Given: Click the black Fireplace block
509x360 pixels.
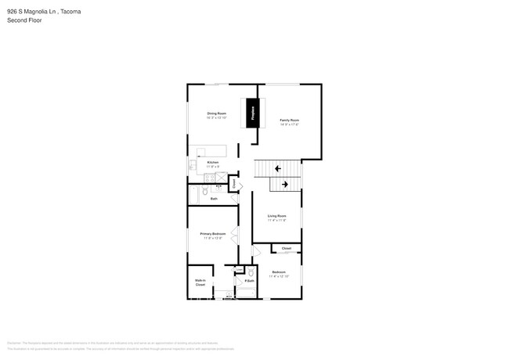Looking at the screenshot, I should pos(253,113).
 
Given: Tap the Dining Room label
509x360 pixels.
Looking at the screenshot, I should pos(217,116).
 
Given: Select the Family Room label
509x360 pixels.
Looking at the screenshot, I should pos(290,122).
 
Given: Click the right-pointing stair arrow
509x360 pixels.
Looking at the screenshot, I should pos(285,184).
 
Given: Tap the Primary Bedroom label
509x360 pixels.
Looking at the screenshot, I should pos(213,235).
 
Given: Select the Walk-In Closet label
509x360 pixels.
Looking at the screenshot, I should pos(200,283).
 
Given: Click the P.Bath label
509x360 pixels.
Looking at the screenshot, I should pos(249,280).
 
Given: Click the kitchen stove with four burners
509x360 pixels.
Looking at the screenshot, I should pos(210,177).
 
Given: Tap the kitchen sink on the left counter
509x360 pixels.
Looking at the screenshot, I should pos(190,165).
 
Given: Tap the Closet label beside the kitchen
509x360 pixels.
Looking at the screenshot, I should pos(233,184).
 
